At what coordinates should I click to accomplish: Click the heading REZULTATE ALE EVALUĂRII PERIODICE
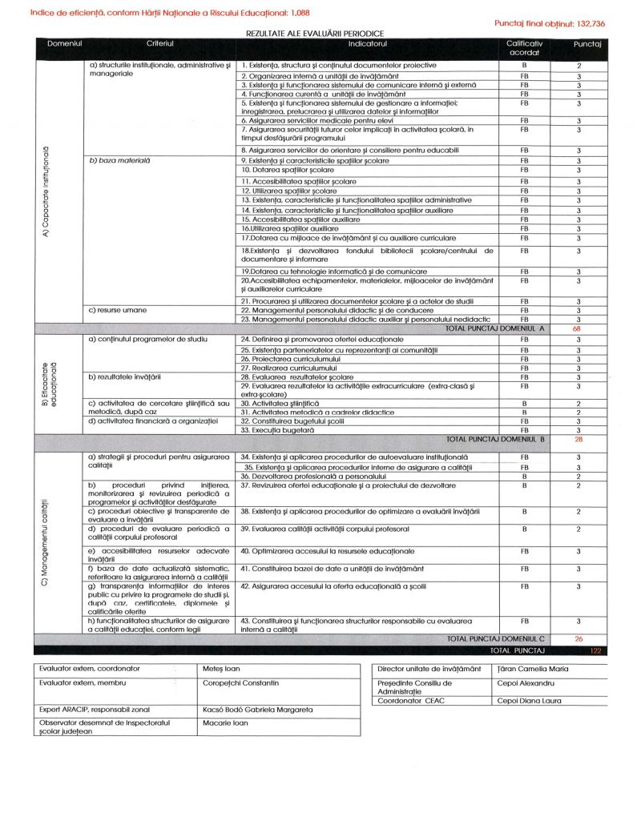click(x=315, y=34)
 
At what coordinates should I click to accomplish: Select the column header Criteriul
click(x=160, y=42)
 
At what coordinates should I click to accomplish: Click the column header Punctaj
click(x=587, y=43)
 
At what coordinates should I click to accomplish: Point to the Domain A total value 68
click(x=578, y=328)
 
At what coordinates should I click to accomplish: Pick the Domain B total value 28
click(x=578, y=439)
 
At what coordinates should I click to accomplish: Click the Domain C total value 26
click(x=579, y=639)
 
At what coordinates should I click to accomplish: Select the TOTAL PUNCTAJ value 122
click(x=595, y=650)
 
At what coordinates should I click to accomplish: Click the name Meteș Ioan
click(x=222, y=668)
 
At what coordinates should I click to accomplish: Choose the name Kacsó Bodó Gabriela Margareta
click(x=258, y=710)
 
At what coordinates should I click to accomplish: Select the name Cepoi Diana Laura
click(x=529, y=701)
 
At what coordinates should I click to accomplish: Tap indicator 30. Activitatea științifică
click(x=281, y=403)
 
